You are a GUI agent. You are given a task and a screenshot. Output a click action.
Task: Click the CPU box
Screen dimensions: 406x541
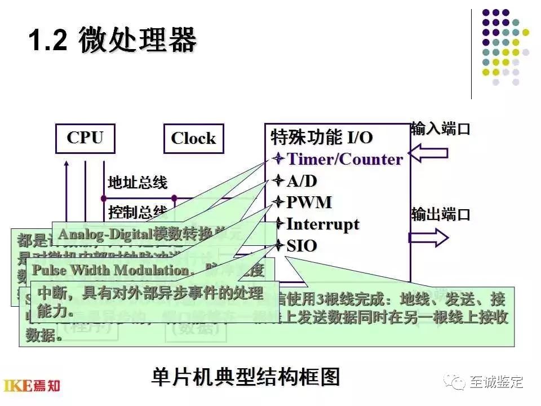click(85, 138)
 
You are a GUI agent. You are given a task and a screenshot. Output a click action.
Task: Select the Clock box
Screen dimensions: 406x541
click(193, 138)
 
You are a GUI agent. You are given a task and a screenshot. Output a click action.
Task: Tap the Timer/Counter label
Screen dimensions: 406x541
click(345, 159)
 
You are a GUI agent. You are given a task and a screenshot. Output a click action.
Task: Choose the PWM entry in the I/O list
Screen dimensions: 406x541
click(309, 202)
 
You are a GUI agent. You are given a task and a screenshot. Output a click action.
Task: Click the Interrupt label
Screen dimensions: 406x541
click(322, 224)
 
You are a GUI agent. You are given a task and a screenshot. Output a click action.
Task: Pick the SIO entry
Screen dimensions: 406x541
click(301, 246)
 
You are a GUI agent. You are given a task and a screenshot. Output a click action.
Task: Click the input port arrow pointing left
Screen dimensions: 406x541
click(428, 152)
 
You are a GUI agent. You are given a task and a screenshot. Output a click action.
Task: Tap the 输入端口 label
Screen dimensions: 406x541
click(440, 129)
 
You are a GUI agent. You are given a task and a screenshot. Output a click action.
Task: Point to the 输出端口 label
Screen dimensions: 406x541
click(440, 215)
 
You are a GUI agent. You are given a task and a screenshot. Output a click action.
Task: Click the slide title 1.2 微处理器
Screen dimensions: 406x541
click(113, 41)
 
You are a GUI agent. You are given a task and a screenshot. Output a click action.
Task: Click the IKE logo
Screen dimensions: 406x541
click(32, 386)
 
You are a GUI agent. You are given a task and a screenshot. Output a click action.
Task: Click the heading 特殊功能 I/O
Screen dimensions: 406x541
click(322, 137)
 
